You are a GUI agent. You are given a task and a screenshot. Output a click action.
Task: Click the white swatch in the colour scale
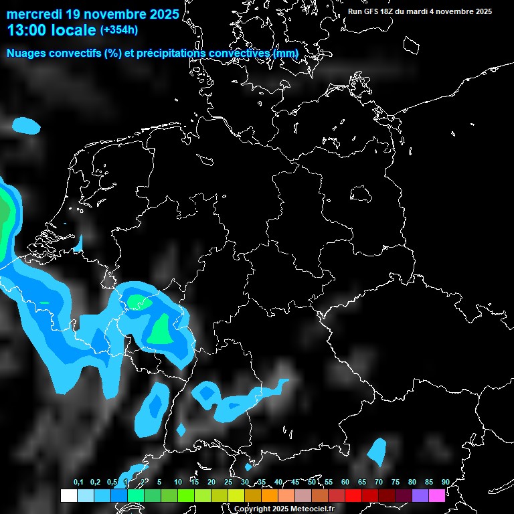coord(68,495)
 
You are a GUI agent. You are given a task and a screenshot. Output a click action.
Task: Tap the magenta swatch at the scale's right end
coord(437,495)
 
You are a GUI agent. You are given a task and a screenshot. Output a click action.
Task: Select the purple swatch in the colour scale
coord(420,495)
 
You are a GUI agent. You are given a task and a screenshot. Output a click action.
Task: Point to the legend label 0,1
coord(78,482)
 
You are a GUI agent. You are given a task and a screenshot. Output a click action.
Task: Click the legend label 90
coord(445,482)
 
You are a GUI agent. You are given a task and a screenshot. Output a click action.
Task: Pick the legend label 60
coord(345,482)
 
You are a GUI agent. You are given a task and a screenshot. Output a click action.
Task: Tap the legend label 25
coord(228,482)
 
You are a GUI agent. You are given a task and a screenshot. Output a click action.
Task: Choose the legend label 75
coord(395,482)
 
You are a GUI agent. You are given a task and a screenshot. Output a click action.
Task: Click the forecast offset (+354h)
coord(118,30)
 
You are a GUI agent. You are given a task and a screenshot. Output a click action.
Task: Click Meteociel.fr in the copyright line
coord(312,509)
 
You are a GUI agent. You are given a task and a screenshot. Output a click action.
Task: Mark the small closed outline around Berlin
coord(361,193)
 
